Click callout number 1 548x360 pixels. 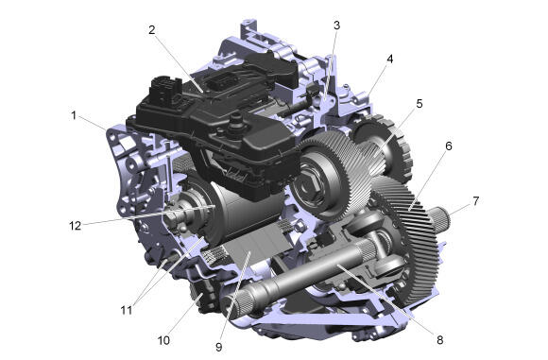click(74, 115)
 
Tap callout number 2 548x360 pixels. click(151, 29)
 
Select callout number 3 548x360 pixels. click(336, 26)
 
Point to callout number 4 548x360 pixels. click(389, 59)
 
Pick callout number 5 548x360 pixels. click(420, 103)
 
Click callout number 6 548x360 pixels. click(449, 146)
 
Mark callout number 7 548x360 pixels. click(475, 201)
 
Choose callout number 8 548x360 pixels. click(439, 339)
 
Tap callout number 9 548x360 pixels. click(219, 347)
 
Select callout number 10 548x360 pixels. click(163, 340)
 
